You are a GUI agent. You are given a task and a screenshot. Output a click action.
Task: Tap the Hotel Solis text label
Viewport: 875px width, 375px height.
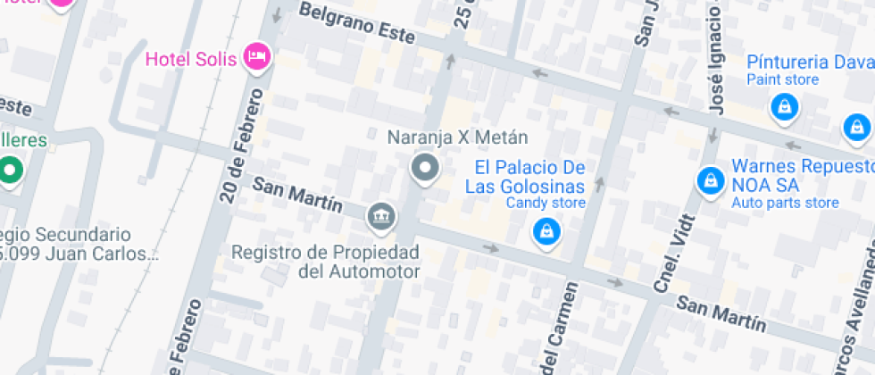(x=191, y=60)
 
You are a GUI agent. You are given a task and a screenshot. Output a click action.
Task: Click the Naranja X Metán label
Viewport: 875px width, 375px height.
(x=457, y=137)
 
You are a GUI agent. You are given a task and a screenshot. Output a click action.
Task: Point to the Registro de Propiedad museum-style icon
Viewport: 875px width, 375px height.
(x=381, y=215)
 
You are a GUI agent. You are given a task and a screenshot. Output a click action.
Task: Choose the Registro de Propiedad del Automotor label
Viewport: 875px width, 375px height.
(x=325, y=262)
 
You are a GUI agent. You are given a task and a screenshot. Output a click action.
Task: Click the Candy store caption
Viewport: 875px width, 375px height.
(x=546, y=204)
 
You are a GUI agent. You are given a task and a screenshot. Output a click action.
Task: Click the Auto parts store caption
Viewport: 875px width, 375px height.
(x=785, y=204)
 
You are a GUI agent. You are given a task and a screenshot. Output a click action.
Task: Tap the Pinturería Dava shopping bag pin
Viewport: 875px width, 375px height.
(x=784, y=108)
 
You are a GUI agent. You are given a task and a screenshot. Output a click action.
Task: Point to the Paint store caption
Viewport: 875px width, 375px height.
(x=783, y=80)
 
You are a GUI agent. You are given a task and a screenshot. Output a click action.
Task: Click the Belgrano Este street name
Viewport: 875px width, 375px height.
(x=357, y=23)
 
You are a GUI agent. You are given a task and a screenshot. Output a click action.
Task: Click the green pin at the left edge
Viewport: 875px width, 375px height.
(x=11, y=169)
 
